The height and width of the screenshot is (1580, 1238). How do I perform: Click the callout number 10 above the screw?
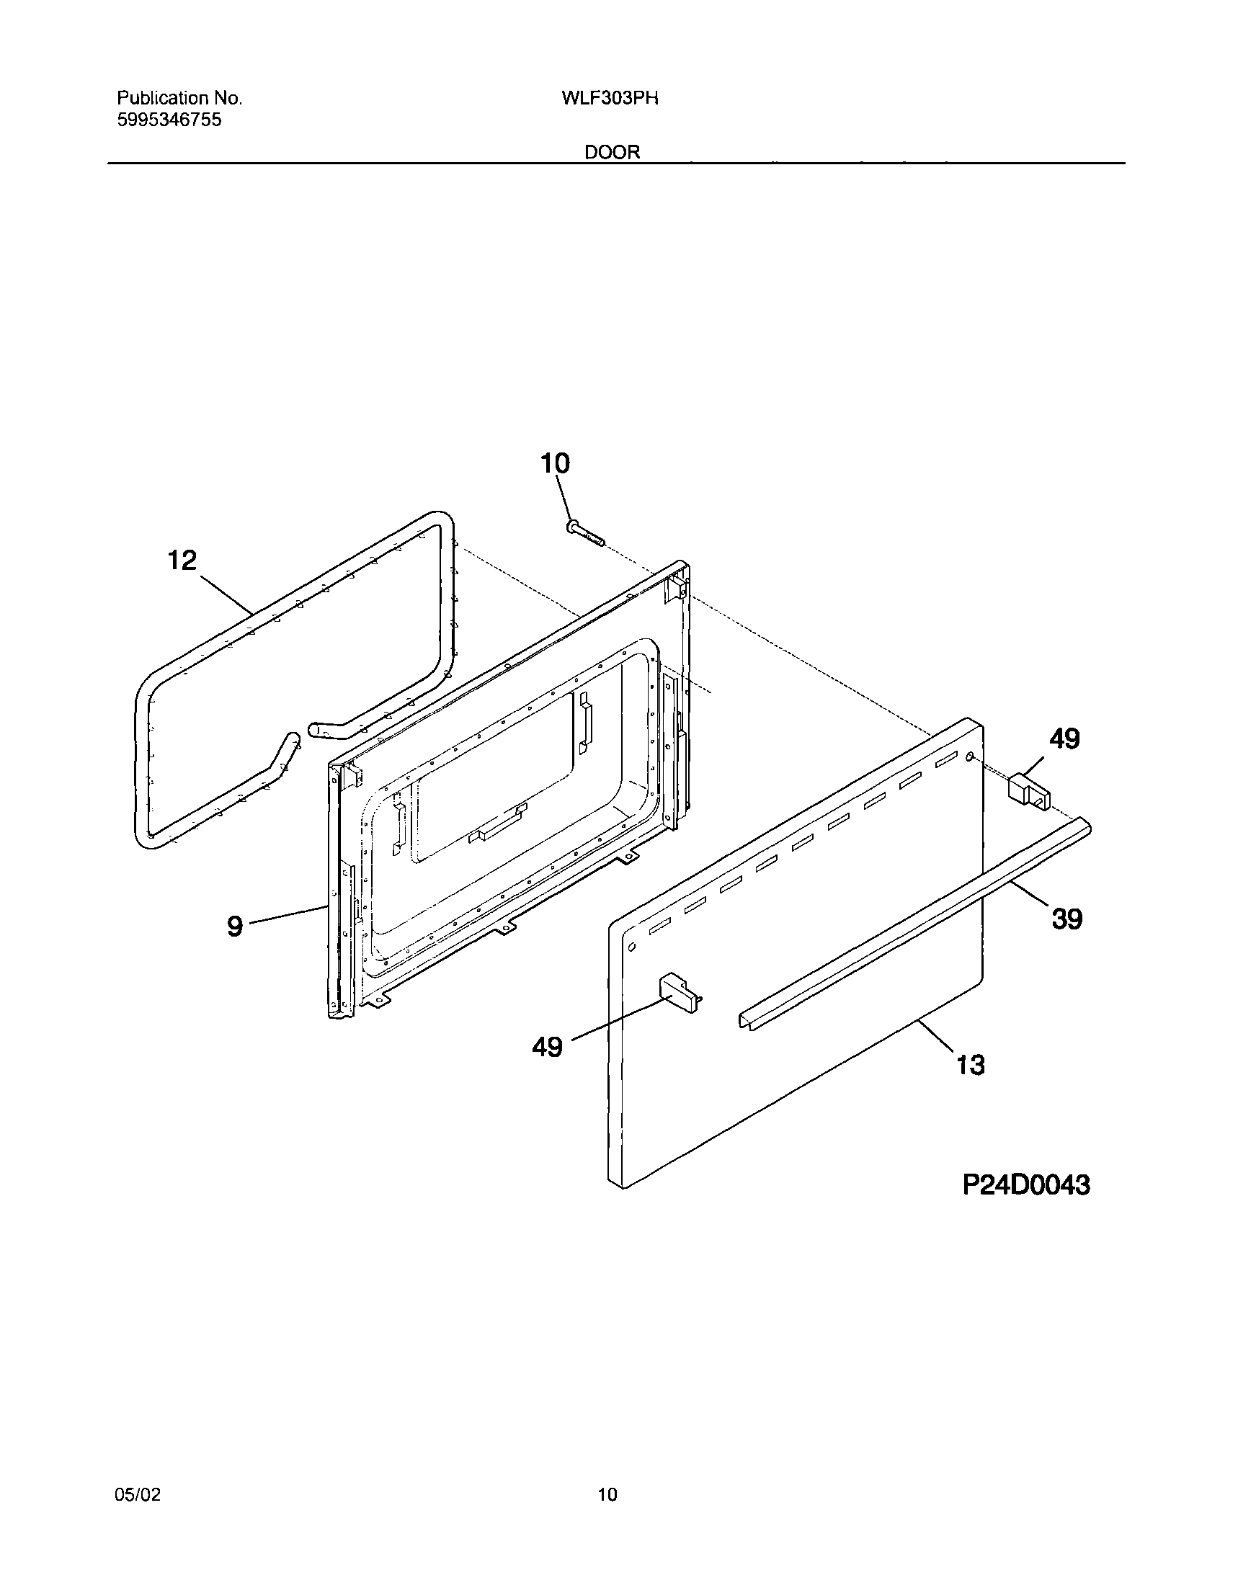coord(555,464)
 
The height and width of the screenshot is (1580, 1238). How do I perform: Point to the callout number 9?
coord(234,927)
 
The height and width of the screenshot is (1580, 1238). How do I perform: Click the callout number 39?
coord(1066,919)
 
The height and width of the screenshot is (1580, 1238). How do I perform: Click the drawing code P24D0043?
coord(1025,1186)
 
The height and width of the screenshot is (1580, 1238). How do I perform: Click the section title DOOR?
coord(613,152)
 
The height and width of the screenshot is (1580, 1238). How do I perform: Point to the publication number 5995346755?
coord(169,120)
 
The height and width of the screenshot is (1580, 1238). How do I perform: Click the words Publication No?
coord(179,99)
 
